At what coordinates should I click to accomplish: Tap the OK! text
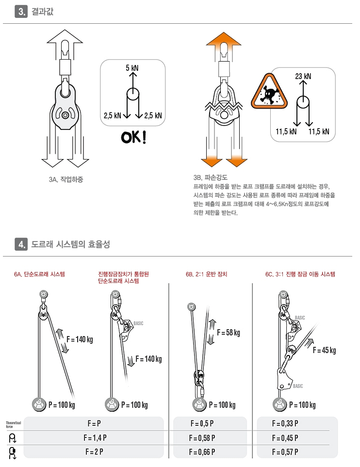tap(133, 137)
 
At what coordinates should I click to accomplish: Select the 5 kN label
tap(132, 68)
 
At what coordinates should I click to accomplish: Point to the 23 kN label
tap(303, 76)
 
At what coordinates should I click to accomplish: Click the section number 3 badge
tap(21, 12)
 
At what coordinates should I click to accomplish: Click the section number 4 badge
tap(21, 244)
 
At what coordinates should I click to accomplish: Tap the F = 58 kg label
tap(229, 332)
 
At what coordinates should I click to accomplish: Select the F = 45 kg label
tap(324, 350)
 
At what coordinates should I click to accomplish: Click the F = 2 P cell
tap(94, 452)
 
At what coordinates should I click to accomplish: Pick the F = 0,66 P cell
tap(201, 452)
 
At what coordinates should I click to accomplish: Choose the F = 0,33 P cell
tap(285, 423)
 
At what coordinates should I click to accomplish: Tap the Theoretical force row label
tap(14, 424)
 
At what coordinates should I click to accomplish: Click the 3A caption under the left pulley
tap(66, 179)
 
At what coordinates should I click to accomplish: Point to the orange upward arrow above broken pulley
tap(224, 43)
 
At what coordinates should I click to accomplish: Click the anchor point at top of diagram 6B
tap(191, 306)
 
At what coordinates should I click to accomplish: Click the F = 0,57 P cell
tap(285, 452)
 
